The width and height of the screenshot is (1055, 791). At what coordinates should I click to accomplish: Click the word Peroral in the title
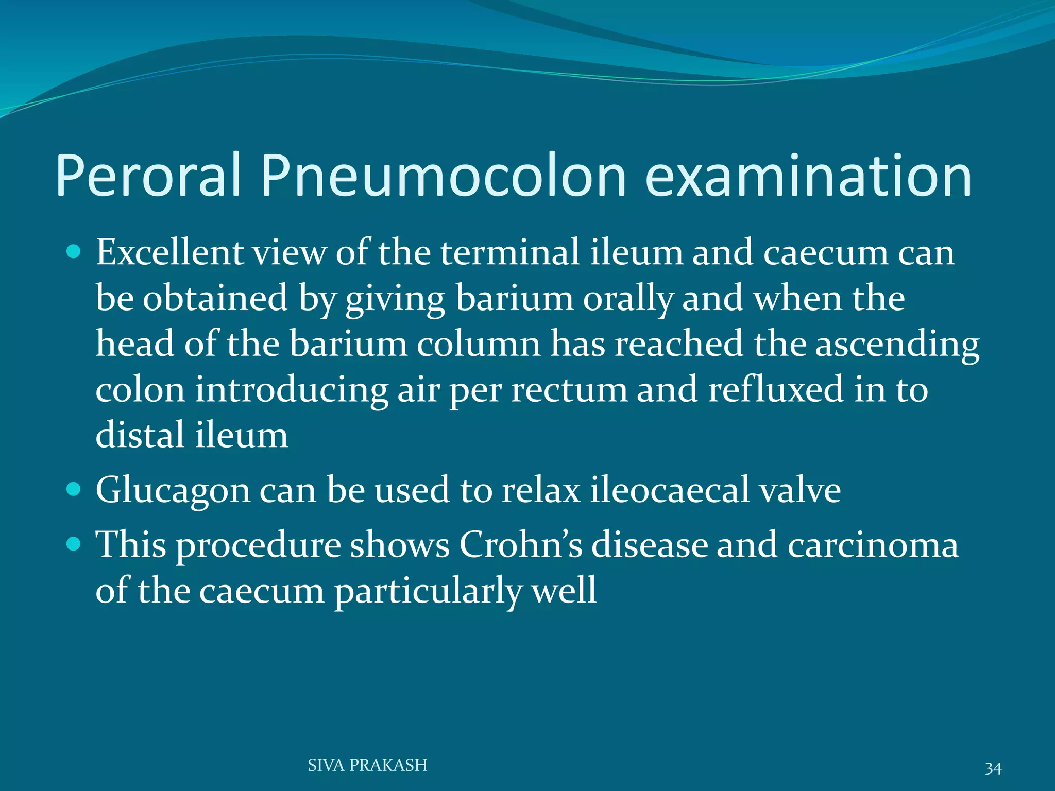click(148, 176)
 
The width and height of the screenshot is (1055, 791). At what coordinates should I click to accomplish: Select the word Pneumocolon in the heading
click(444, 176)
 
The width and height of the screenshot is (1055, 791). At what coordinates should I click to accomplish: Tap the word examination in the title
click(808, 176)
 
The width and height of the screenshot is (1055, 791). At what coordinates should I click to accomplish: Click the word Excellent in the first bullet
click(169, 253)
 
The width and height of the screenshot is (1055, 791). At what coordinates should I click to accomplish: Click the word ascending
click(897, 344)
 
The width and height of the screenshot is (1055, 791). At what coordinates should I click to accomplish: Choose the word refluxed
click(776, 390)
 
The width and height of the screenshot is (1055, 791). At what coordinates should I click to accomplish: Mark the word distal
click(140, 435)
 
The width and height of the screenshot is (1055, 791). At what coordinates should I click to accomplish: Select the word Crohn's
click(520, 544)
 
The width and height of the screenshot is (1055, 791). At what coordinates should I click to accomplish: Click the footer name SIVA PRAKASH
click(367, 765)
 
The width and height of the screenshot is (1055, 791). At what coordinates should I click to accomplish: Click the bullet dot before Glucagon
click(74, 489)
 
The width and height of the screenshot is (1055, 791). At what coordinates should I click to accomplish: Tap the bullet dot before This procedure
click(74, 543)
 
